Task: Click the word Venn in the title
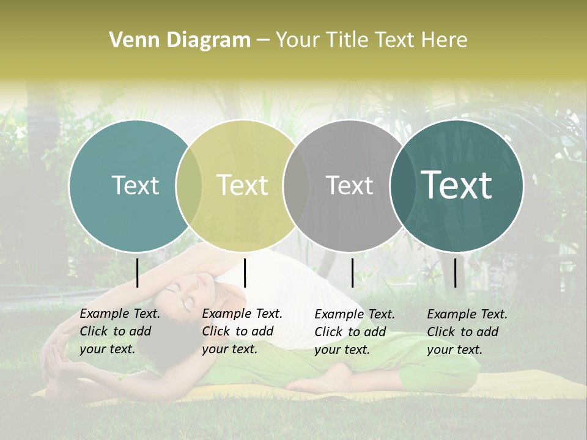click(128, 40)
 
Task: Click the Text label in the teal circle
click(135, 185)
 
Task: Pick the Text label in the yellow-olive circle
click(242, 185)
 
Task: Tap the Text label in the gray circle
click(349, 185)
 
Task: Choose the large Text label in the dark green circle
click(457, 185)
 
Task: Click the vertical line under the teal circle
click(137, 273)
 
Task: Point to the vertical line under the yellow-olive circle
click(245, 273)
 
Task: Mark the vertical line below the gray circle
click(352, 273)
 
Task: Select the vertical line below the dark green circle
click(456, 273)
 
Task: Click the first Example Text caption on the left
click(119, 331)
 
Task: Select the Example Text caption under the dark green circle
click(467, 332)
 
